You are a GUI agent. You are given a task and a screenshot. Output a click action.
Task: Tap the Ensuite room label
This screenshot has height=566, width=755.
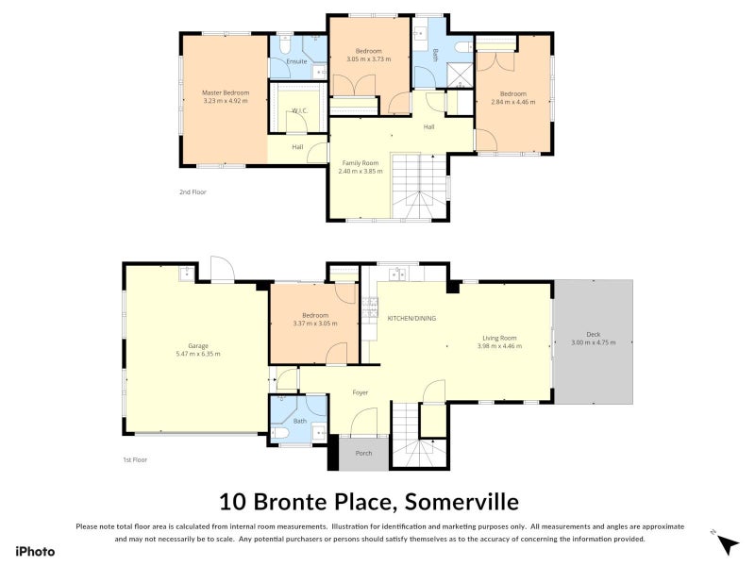(x=296, y=61)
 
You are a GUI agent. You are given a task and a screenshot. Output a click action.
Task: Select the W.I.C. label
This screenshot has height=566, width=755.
(x=299, y=110)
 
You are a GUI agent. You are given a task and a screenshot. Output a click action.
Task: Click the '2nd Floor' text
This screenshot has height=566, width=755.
(x=193, y=191)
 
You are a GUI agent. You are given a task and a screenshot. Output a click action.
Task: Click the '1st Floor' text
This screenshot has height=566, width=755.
(x=134, y=459)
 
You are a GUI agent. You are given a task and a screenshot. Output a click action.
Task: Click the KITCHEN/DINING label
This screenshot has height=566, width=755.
(x=411, y=319)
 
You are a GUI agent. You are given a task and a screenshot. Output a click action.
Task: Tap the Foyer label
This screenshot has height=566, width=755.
(x=361, y=391)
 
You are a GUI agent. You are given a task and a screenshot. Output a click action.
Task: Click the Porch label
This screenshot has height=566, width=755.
(x=362, y=453)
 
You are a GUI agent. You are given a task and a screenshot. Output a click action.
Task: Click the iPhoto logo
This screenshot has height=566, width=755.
(x=34, y=552)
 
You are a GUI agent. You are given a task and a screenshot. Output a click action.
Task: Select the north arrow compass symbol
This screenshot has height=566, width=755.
(x=725, y=543)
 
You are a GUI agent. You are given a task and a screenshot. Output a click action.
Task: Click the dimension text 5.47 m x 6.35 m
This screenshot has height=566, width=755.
(x=196, y=354)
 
